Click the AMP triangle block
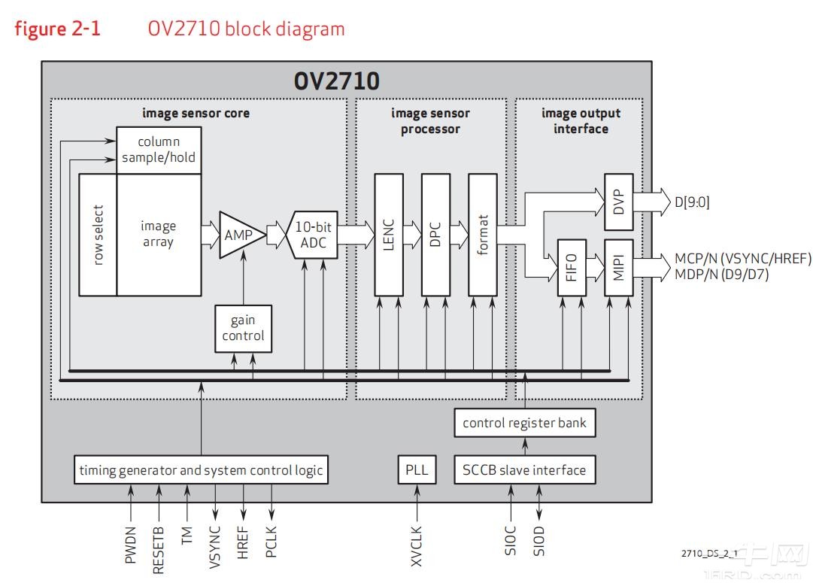coord(239,235)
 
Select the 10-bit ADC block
coord(312,235)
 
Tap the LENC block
coord(389,234)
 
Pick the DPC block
coord(435,234)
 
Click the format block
coord(482,234)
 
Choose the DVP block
coord(619,202)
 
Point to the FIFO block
coord(572,267)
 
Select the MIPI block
coord(619,267)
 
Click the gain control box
coord(243,328)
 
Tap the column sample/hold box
coord(159,150)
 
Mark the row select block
coord(98,235)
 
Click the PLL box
coord(416,470)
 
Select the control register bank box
coord(524,423)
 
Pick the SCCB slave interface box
coord(524,470)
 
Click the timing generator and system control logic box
coord(201,470)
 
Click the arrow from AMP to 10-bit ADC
coord(276,235)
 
